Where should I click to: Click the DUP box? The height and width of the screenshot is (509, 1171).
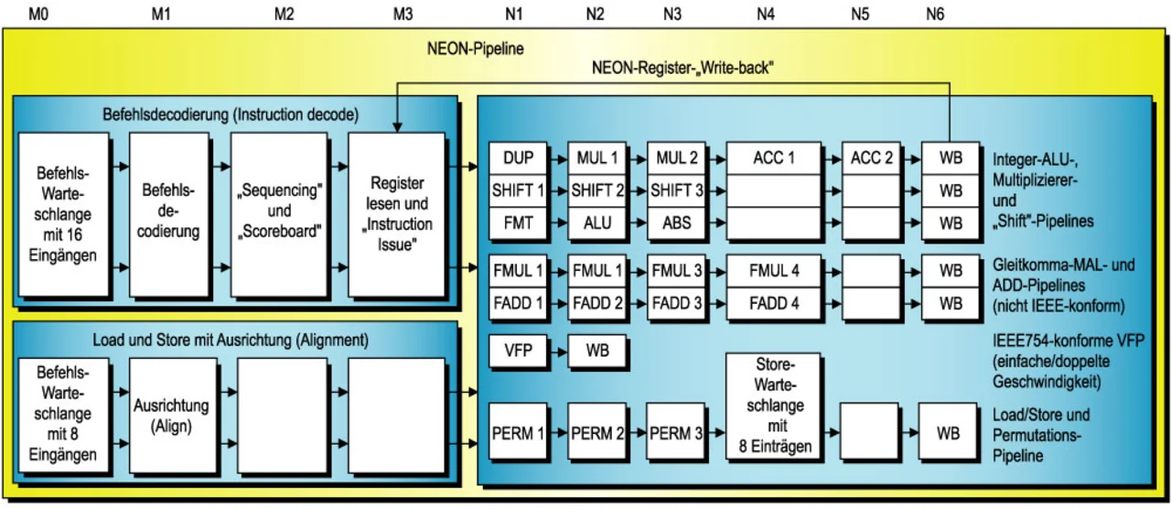[517, 158]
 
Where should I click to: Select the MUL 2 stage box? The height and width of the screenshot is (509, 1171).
[677, 158]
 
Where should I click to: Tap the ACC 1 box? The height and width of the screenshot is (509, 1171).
[774, 158]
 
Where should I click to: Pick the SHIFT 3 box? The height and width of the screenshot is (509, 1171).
[677, 191]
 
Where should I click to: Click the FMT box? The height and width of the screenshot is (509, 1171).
[517, 223]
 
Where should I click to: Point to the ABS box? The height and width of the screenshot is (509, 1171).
[677, 223]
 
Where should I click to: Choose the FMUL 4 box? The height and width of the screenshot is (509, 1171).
[774, 271]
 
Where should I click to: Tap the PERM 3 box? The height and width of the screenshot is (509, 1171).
[677, 433]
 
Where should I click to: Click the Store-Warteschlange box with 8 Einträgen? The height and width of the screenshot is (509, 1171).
[774, 407]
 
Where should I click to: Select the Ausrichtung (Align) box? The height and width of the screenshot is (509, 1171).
[171, 415]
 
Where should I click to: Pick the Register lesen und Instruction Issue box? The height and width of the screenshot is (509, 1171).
[396, 215]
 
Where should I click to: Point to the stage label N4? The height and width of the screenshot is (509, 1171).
[766, 14]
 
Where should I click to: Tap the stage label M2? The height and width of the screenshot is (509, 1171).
[285, 14]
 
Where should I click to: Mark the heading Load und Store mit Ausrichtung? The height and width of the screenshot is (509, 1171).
[231, 340]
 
